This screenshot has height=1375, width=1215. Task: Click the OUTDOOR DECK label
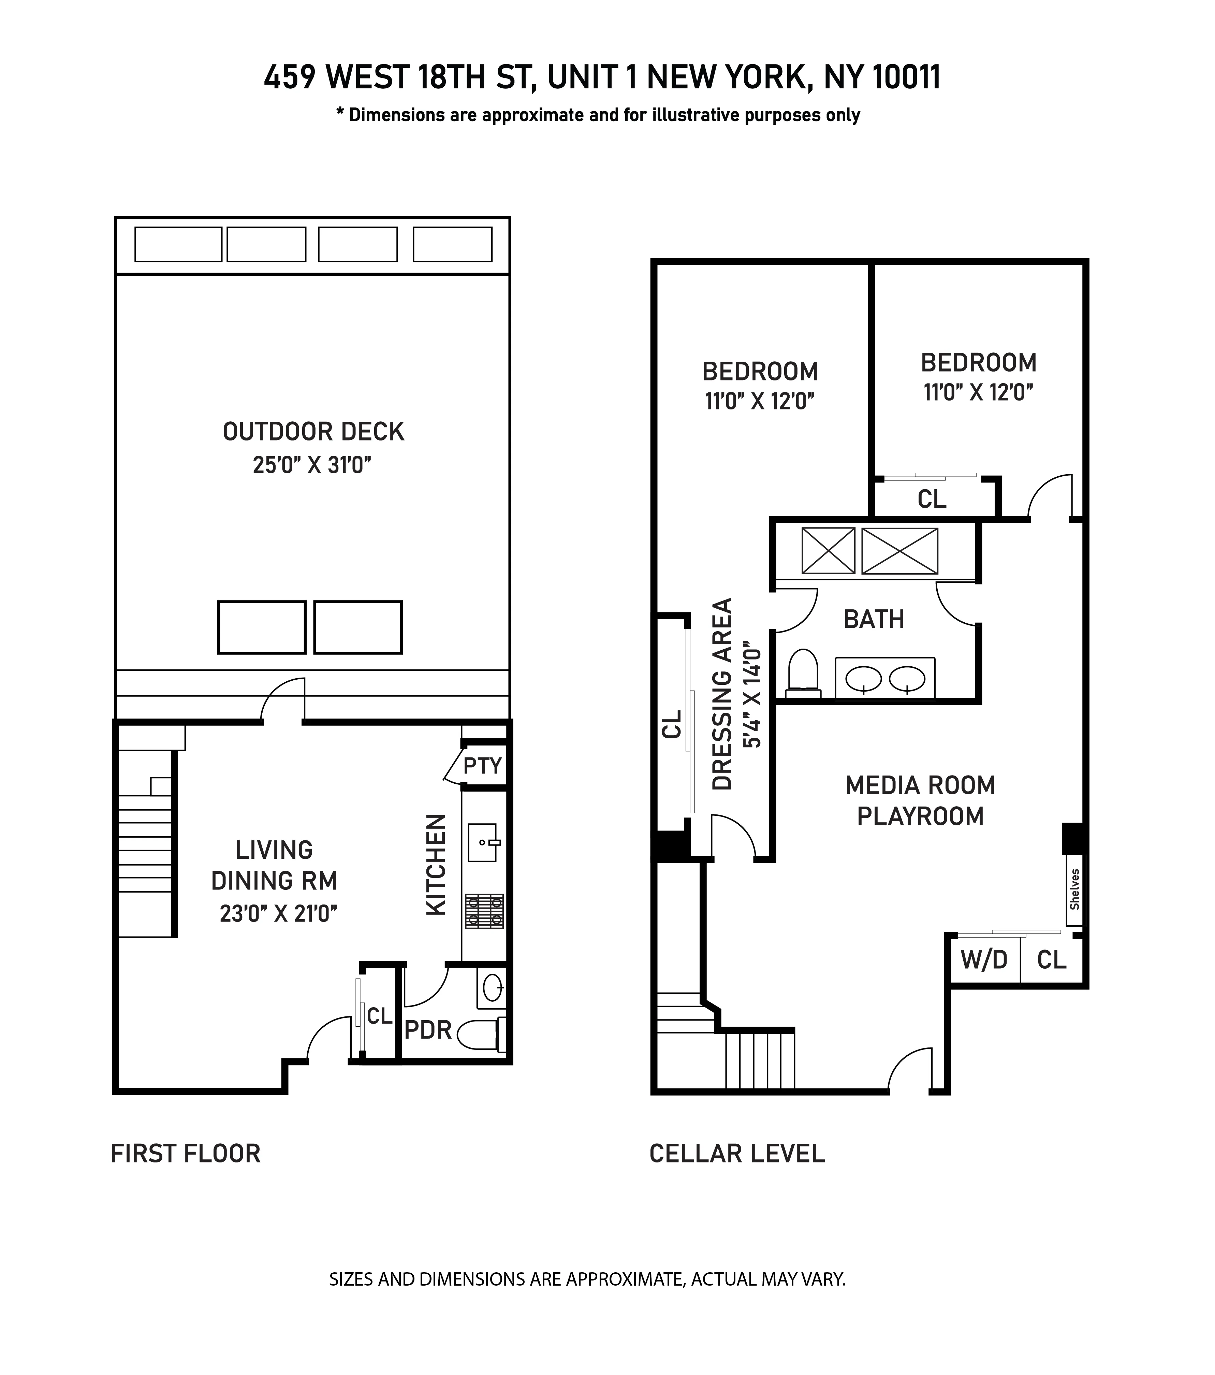coord(313,431)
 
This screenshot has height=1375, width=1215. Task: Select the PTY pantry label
coord(483,766)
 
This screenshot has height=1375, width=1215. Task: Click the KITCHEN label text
coord(436,865)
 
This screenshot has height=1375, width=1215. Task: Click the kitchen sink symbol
coord(483,842)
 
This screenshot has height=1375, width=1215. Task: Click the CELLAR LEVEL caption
coord(737,1153)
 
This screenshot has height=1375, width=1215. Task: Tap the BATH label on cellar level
coord(874,619)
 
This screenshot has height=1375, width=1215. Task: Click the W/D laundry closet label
coord(984,960)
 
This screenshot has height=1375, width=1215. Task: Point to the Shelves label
coord(1074,889)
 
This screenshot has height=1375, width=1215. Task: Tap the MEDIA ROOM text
coord(920,785)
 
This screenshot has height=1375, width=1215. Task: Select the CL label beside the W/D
coord(1052,960)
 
